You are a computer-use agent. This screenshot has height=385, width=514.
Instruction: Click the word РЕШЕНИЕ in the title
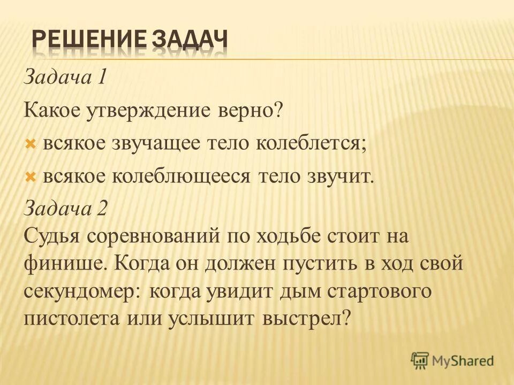coord(85,41)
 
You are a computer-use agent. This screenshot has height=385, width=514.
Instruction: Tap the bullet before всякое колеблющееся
coord(31,177)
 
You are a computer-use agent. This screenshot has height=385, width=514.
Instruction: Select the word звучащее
coord(158,144)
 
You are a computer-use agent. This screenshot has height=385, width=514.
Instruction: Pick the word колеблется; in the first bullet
coord(312,144)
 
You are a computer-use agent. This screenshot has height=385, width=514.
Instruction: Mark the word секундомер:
coord(82,291)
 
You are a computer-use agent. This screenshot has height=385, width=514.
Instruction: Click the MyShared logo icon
coord(421,360)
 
